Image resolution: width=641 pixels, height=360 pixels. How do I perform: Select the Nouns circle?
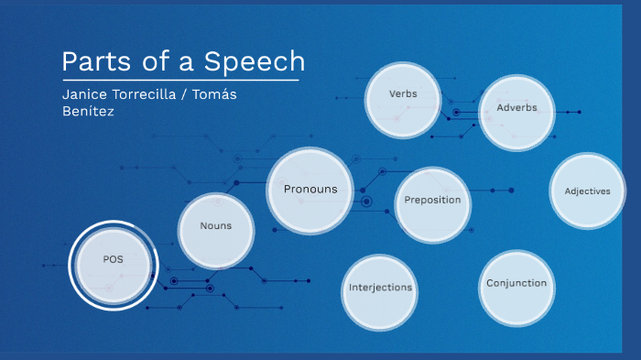coord(217,230)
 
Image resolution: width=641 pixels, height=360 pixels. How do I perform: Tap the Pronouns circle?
coord(310,191)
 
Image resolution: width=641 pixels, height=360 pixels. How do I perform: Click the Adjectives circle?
coord(587,191)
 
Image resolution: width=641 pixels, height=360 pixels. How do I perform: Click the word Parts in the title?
coord(92,61)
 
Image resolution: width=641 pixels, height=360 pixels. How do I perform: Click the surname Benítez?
coord(88,112)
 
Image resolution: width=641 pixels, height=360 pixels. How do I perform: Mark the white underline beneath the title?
coord(180,81)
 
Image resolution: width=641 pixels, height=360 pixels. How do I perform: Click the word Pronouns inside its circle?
coord(310,190)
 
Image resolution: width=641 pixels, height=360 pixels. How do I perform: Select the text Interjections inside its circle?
coord(380,288)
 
